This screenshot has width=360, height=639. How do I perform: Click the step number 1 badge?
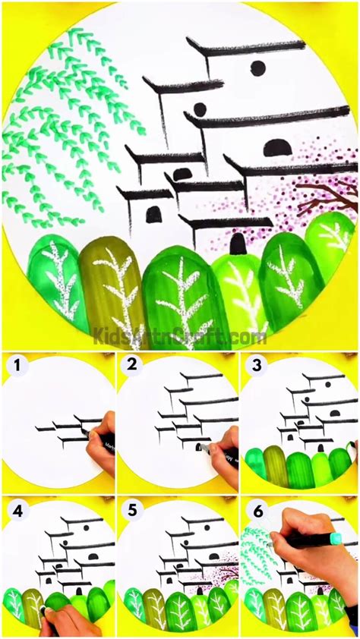17,367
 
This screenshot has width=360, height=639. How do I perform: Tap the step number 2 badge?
134,367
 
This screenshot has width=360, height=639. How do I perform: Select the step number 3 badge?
256,367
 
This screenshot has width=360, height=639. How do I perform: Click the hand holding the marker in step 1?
99,448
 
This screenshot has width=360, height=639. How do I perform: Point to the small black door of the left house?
153,215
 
